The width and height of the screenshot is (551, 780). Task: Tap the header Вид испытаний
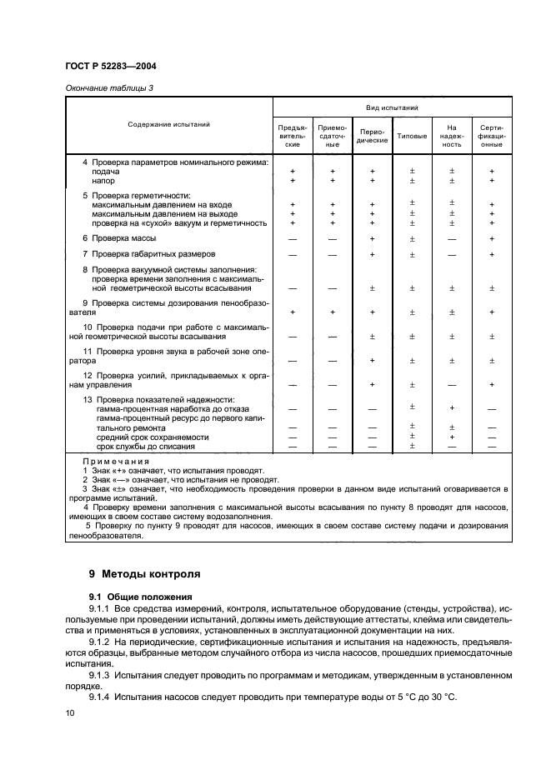(x=392, y=107)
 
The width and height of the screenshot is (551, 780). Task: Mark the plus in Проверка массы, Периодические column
(x=372, y=238)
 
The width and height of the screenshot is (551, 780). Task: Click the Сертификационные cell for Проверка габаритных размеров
(x=492, y=253)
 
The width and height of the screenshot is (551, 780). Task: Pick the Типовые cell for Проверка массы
(x=412, y=238)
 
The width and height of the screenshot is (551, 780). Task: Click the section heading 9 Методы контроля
(x=144, y=574)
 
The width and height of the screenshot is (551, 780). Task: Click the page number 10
(x=70, y=713)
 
